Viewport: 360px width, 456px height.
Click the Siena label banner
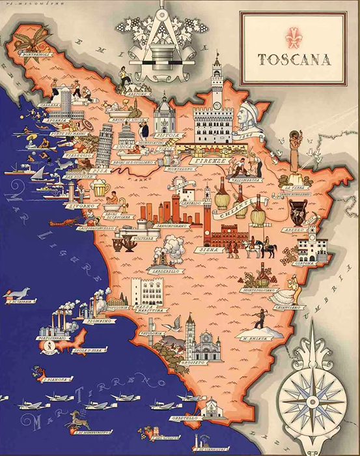206,249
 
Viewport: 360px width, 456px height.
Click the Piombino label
100,321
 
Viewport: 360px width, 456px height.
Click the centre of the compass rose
311,395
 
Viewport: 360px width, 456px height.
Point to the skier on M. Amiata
261,319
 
